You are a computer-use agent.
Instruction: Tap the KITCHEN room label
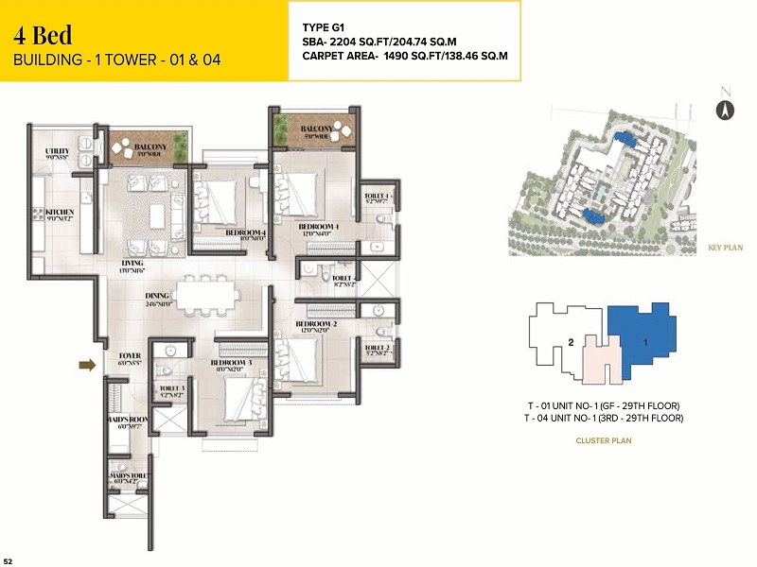[x=60, y=213]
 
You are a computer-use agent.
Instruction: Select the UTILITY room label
[x=58, y=153]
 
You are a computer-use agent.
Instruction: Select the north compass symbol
[x=725, y=107]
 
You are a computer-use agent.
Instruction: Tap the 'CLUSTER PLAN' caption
[x=605, y=440]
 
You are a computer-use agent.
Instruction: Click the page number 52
[x=9, y=559]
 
